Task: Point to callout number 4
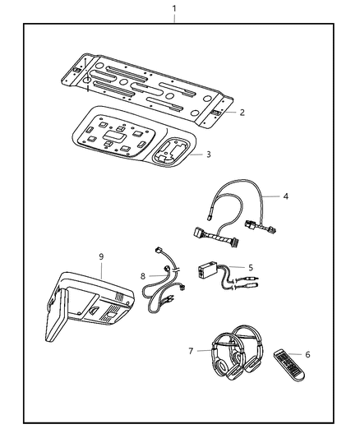pyautogui.click(x=285, y=196)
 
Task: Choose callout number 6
pyautogui.click(x=307, y=355)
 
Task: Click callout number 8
pyautogui.click(x=142, y=276)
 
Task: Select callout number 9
pyautogui.click(x=101, y=257)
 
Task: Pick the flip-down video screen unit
pyautogui.click(x=82, y=308)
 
